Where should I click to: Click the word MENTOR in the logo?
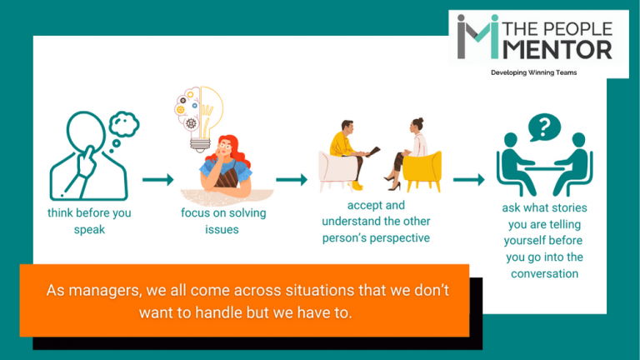click(568, 48)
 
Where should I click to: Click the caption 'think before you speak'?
click(89, 220)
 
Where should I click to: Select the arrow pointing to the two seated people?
click(291, 179)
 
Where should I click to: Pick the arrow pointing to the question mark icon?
click(469, 179)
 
